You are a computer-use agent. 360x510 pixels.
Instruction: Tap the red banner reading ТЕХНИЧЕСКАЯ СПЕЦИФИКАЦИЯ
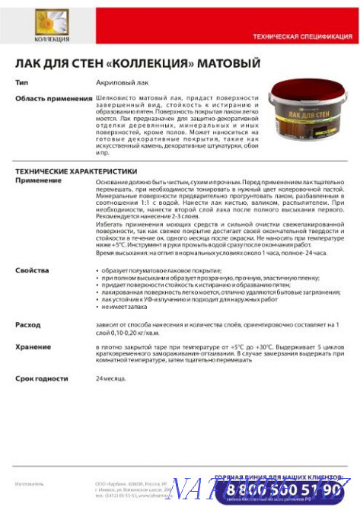pyautogui.click(x=301, y=37)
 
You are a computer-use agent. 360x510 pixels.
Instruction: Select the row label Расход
pyautogui.click(x=27, y=324)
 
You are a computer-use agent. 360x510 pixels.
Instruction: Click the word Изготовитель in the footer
pyautogui.click(x=30, y=483)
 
